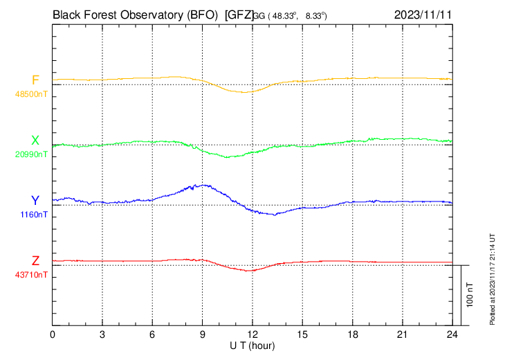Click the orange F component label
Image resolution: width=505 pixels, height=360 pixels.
pos(35,80)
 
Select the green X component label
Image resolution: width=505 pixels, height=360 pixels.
pos(35,141)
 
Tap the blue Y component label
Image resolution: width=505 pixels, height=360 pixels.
pos(35,201)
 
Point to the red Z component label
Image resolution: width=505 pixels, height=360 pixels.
pos(35,261)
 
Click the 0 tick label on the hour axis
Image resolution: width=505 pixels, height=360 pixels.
pos(53,334)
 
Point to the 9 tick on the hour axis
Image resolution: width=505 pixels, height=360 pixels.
pos(202,334)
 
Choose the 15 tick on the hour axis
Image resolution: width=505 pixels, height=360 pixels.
pos(302,334)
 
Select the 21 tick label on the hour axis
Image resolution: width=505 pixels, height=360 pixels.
pos(402,334)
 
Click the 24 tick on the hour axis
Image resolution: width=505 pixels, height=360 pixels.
pos(452,334)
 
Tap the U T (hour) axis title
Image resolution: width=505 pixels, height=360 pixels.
pos(253,345)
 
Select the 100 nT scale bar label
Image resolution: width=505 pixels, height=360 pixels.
pos(470,294)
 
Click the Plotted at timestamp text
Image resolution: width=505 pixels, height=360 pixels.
pos(493,277)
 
